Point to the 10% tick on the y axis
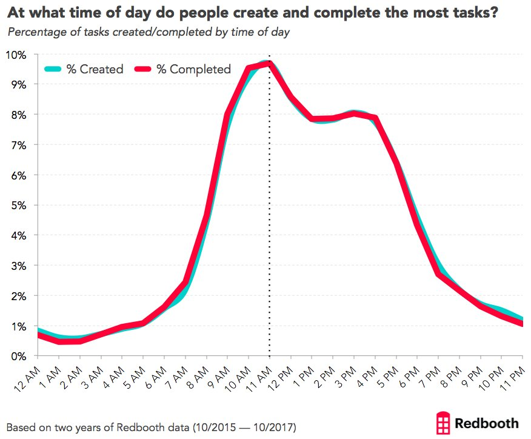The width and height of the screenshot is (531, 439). [x=16, y=55]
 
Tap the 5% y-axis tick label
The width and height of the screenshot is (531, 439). [x=18, y=206]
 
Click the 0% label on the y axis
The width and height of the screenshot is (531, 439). [x=18, y=357]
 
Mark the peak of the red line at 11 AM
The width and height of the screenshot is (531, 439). [x=269, y=63]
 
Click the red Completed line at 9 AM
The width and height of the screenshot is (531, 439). [x=227, y=115]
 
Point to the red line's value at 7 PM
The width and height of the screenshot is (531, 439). [x=438, y=274]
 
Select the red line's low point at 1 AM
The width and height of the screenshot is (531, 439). [x=59, y=341]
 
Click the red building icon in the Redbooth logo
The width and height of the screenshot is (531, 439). [x=444, y=422]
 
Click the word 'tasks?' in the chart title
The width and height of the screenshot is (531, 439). [x=466, y=13]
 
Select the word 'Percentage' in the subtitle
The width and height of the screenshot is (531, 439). [x=36, y=32]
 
